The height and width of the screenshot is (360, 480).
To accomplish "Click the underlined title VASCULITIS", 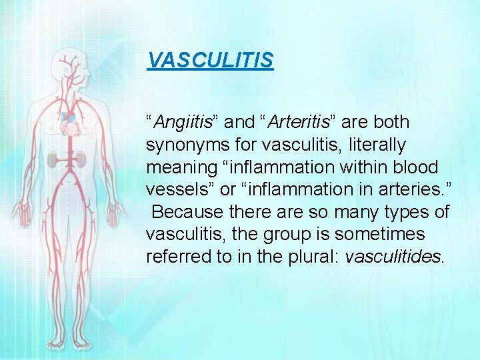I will pyautogui.click(x=210, y=61).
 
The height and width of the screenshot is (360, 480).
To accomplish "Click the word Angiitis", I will pyautogui.click(x=182, y=123).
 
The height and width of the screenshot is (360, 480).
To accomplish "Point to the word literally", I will pyautogui.click(x=377, y=145).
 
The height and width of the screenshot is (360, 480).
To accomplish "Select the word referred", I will pyautogui.click(x=177, y=257).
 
